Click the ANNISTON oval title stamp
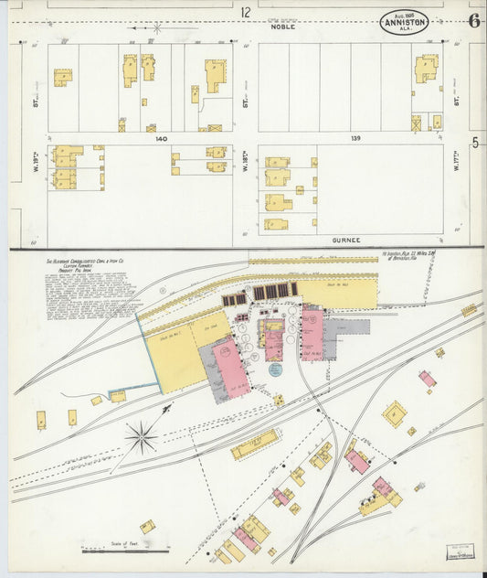pos(404,23)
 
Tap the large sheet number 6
pos(473,19)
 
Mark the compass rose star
pos(141,437)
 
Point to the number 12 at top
pos(245,13)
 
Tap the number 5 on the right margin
pos(475,143)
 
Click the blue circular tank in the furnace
pos(275,369)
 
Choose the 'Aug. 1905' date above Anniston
pos(404,13)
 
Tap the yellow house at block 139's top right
pos(426,69)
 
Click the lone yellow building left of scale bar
pos(147,526)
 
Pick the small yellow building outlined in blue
pos(118,396)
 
